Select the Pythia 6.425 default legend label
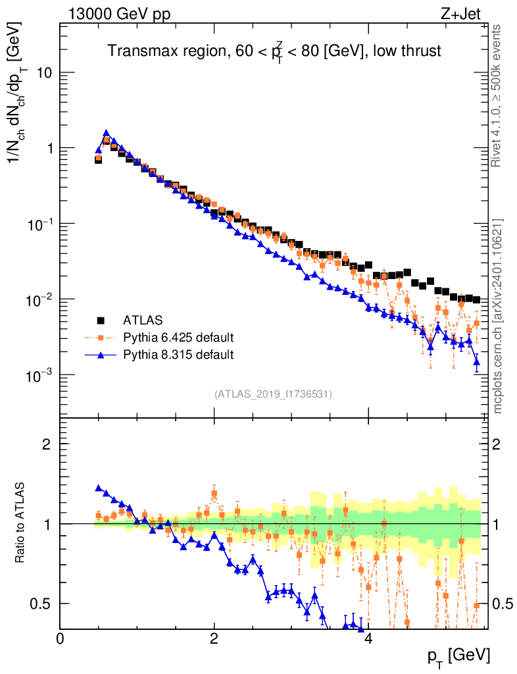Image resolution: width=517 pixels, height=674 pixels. [x=178, y=338]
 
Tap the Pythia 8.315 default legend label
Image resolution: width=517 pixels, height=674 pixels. [x=178, y=355]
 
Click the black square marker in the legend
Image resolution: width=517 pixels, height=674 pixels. [x=101, y=321]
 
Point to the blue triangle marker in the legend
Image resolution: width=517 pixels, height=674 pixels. [x=101, y=355]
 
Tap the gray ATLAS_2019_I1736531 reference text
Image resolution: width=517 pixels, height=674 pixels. [x=273, y=394]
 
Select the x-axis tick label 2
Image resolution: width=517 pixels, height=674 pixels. [x=214, y=639]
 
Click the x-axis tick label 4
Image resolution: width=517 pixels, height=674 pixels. [x=368, y=639]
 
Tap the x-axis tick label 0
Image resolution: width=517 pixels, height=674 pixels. [x=61, y=639]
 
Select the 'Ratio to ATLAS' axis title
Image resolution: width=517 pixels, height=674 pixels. [x=22, y=523]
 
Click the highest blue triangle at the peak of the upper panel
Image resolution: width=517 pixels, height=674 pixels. [x=106, y=132]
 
